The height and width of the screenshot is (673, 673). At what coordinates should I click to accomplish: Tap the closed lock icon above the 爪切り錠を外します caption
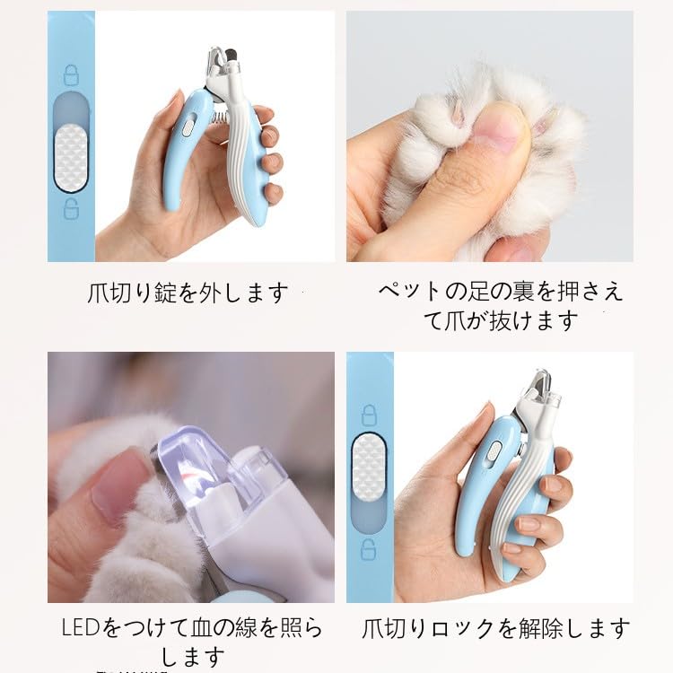click(x=71, y=74)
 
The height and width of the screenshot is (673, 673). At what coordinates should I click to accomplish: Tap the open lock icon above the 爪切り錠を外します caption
click(x=71, y=211)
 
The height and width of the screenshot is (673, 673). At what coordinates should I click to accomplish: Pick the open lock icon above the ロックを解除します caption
click(x=369, y=549)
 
